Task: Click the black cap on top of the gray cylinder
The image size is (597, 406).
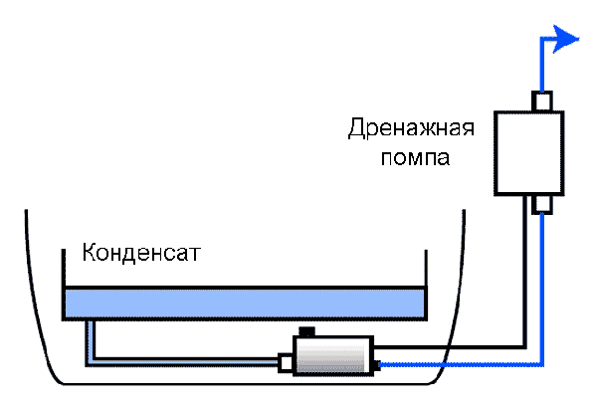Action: point(305,332)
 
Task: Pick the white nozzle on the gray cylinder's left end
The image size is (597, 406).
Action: point(286,363)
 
